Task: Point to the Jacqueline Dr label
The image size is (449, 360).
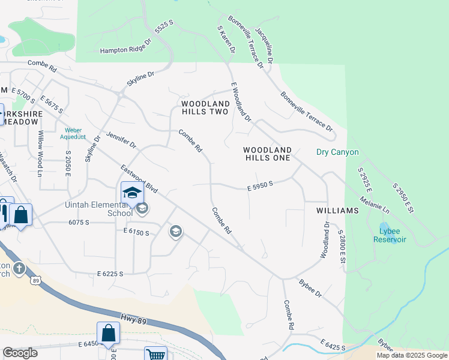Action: [x=264, y=45]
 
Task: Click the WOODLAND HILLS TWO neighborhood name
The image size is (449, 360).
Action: [x=205, y=108]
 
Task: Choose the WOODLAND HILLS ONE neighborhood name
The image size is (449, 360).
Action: [x=268, y=154]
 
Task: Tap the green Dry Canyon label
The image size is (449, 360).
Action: [x=337, y=152]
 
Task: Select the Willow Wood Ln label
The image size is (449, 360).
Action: [x=41, y=154]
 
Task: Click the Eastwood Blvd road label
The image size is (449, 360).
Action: [x=139, y=179]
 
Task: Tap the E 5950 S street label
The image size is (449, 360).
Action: [x=261, y=187]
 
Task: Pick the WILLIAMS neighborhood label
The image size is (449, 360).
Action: [x=339, y=211]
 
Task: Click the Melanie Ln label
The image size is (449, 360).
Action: [x=375, y=205]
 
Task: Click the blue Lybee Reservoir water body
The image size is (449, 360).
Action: [x=385, y=229]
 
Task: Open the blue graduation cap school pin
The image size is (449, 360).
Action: [x=132, y=193]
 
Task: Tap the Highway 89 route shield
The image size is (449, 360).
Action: [x=37, y=281]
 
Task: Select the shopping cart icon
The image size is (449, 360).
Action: [x=155, y=354]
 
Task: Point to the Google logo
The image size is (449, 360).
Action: [x=20, y=352]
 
